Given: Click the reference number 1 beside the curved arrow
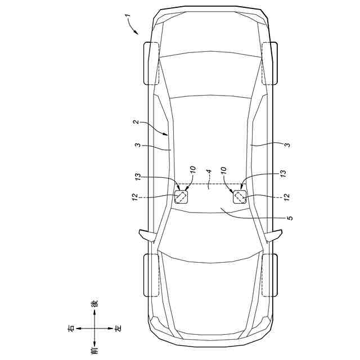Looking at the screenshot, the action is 128,16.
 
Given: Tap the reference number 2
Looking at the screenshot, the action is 137,122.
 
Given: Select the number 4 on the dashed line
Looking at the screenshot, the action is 209,172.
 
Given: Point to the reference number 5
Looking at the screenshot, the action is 290,218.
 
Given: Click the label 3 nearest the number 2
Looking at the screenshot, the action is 137,145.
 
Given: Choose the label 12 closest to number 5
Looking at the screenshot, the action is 286,197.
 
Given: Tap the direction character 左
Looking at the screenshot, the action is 119,328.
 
